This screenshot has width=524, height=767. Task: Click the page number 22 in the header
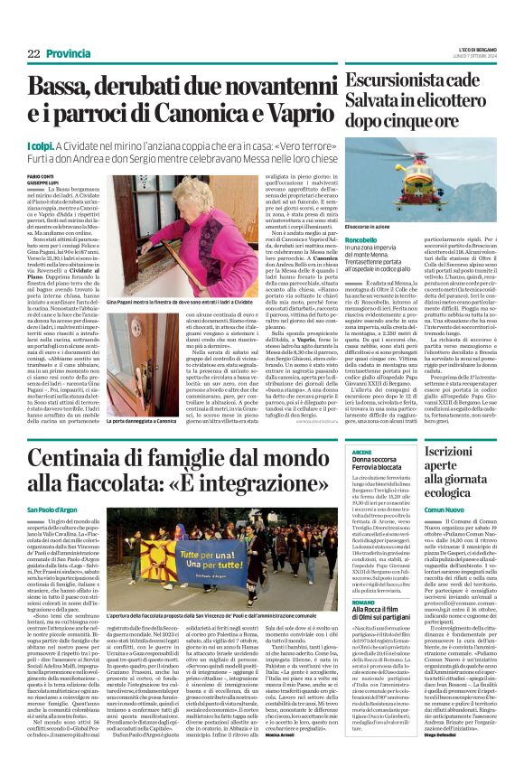point(35,54)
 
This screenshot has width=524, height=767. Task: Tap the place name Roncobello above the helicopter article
point(362,240)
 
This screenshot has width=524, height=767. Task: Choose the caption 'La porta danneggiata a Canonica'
point(141,421)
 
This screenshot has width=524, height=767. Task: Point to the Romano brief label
point(362,602)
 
